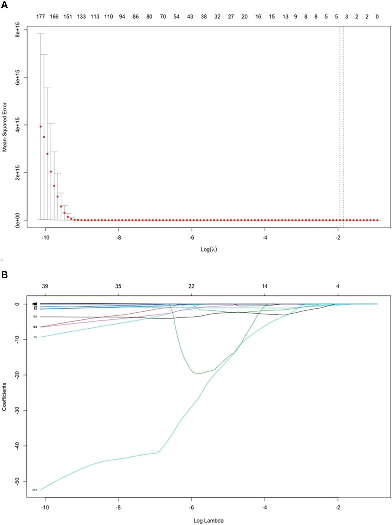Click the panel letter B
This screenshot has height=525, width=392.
4,275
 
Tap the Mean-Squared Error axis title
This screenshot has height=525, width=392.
5,127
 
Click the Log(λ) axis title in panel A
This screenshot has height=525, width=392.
209,249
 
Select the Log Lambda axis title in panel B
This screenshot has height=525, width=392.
209,520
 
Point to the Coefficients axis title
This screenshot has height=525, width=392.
4,397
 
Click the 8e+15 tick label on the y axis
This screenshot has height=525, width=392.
18,30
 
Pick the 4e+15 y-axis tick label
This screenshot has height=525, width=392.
18,125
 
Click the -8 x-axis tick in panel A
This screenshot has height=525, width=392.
118,238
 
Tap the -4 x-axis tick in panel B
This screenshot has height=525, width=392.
265,507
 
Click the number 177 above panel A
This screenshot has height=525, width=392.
40,16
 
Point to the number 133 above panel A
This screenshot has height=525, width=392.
81,16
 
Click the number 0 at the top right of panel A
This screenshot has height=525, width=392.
377,16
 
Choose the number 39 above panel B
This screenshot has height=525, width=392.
45,286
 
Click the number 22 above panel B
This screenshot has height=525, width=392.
191,286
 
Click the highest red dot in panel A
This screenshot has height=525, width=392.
41,126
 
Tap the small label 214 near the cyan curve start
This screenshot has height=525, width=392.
34,490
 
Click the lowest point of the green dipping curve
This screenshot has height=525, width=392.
200,373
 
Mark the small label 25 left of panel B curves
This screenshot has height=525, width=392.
35,337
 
